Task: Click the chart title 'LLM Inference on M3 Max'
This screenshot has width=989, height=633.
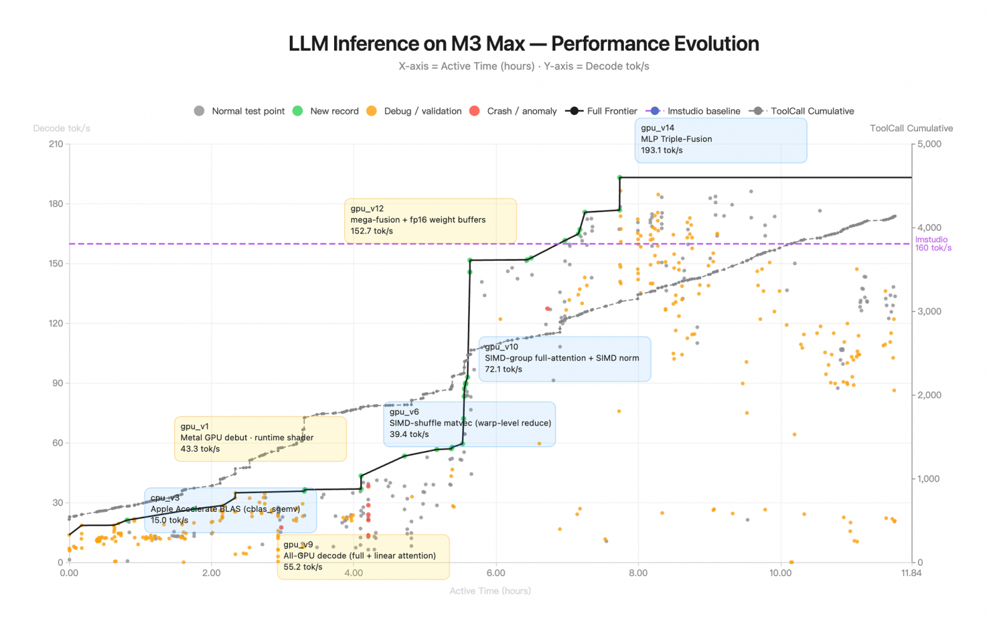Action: [x=406, y=44]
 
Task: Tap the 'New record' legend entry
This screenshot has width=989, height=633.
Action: [x=325, y=111]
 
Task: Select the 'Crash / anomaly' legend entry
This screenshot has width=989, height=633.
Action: [x=513, y=111]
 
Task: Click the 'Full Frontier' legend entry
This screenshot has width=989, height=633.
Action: [x=602, y=111]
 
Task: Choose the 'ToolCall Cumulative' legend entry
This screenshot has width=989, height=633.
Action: [x=802, y=111]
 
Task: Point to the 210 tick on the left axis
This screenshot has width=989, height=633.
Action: [x=56, y=144]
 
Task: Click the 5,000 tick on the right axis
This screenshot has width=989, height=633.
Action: [x=929, y=144]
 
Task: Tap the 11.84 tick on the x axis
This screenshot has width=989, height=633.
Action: [x=911, y=573]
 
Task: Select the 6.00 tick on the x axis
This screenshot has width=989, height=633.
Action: [x=496, y=573]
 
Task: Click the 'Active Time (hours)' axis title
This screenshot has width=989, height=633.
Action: [x=490, y=591]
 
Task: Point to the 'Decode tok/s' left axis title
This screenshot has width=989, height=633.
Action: [x=61, y=129]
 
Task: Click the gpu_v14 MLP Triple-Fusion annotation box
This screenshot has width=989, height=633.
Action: [x=721, y=140]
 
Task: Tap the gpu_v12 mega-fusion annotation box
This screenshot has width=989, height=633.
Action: [x=430, y=221]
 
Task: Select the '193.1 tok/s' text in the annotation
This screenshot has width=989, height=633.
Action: [x=662, y=150]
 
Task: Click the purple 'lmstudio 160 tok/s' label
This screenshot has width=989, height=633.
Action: [x=933, y=244]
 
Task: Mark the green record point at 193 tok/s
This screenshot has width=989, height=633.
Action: [x=620, y=178]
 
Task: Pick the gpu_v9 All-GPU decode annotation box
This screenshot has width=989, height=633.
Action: [x=363, y=557]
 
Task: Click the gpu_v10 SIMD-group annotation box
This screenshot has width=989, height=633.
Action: [x=565, y=359]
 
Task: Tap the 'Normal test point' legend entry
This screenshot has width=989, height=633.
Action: [x=239, y=111]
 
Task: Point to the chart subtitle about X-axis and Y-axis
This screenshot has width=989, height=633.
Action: [x=524, y=66]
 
